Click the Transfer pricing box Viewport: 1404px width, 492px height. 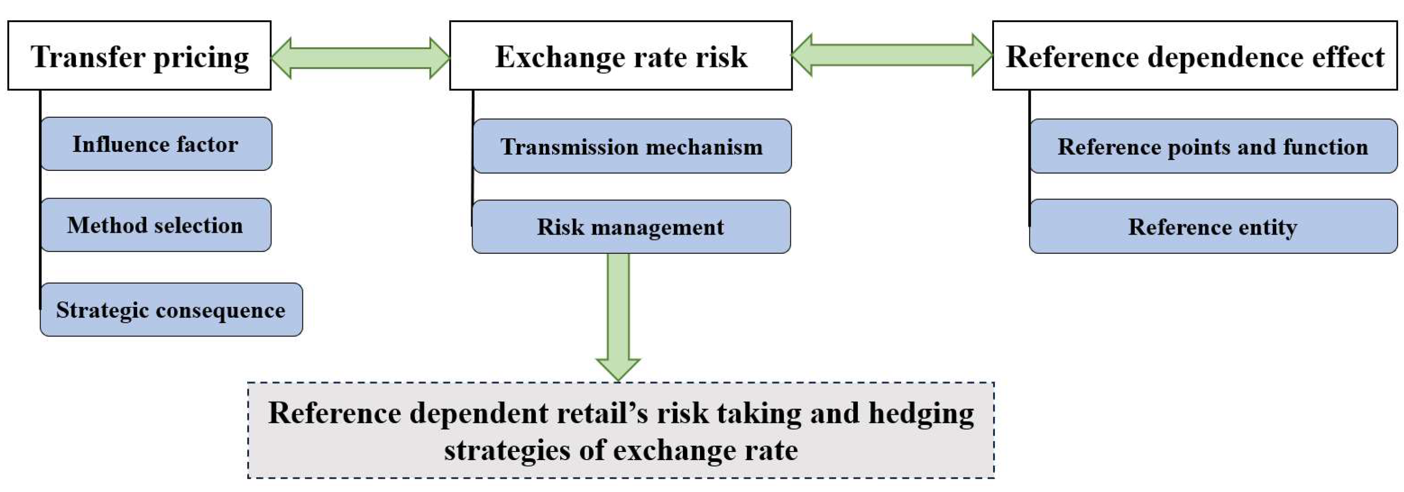tap(139, 56)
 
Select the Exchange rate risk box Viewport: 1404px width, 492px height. tap(620, 56)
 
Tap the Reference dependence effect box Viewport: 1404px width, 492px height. tap(1195, 56)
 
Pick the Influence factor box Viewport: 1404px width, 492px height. tap(156, 144)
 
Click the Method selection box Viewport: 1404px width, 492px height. tap(156, 225)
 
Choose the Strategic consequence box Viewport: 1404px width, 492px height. tap(171, 310)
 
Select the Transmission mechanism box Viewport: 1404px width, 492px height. tap(632, 146)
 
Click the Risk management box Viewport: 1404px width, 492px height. tap(631, 226)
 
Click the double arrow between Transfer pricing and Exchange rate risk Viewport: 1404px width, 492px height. tap(360, 58)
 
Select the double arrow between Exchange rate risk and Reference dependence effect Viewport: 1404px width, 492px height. tap(891, 55)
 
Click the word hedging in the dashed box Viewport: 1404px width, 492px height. tap(921, 413)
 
